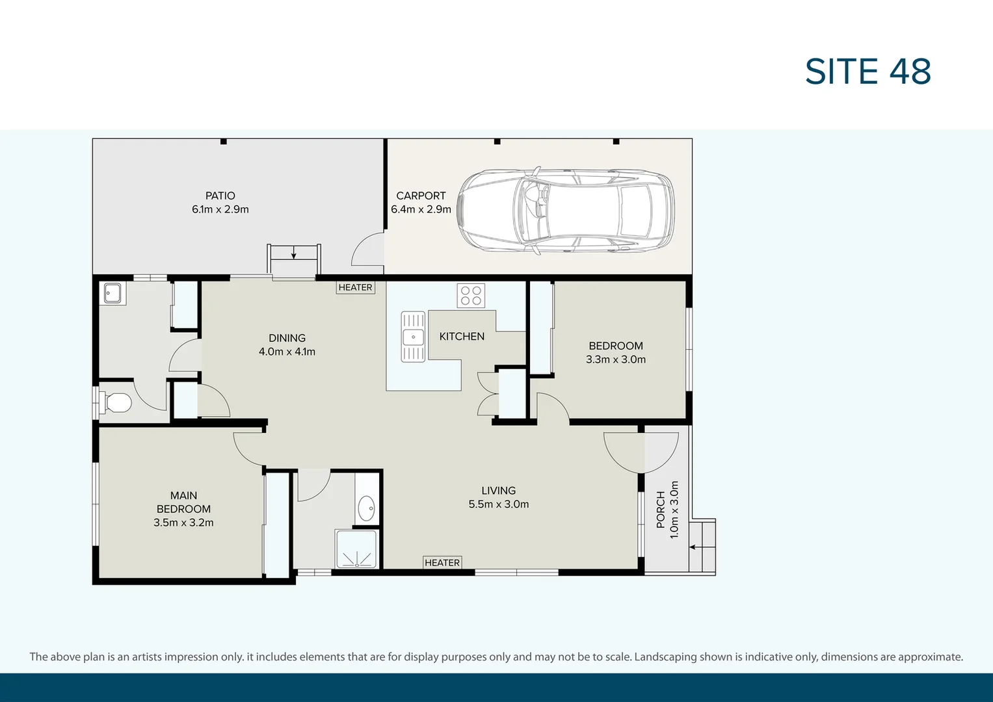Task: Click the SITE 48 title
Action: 867,71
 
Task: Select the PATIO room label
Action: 220,196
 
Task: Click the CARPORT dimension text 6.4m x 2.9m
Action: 421,209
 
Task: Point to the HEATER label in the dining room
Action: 355,287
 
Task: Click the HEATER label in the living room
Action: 442,563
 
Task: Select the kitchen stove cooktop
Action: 471,296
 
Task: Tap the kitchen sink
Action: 413,337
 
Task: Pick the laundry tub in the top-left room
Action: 115,294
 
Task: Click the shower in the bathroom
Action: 356,550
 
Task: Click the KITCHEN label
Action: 462,336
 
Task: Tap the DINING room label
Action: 287,338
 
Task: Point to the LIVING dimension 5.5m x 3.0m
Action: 499,504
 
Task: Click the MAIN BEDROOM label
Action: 183,502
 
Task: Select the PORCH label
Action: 661,510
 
